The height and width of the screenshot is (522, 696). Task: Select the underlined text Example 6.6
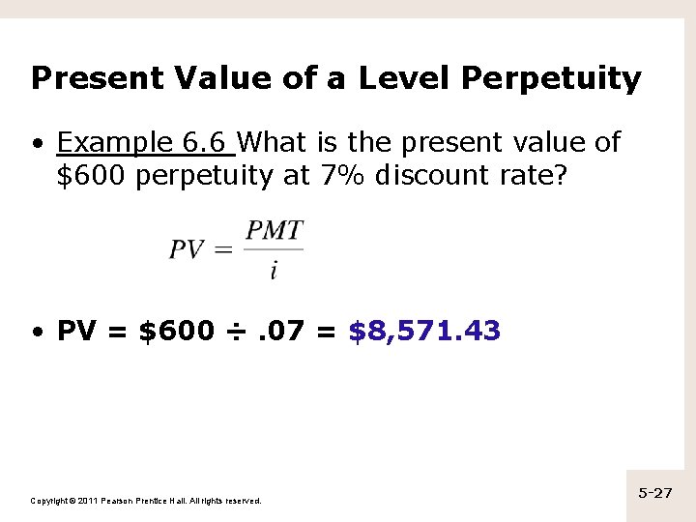(x=145, y=143)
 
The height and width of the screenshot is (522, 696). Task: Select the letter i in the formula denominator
(x=274, y=270)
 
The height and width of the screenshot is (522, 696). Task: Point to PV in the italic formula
(x=187, y=249)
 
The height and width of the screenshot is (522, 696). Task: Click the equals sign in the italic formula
(x=222, y=250)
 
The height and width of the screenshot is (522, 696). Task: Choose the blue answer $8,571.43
(x=423, y=332)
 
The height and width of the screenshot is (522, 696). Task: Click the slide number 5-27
(x=655, y=493)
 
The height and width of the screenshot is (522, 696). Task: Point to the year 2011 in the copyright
(x=83, y=501)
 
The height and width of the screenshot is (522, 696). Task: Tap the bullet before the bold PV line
(x=36, y=333)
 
